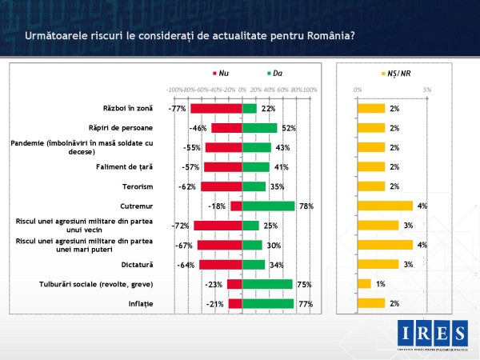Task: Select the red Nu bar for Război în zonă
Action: (x=216, y=108)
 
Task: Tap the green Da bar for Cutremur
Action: (x=268, y=206)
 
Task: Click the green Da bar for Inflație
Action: (x=267, y=303)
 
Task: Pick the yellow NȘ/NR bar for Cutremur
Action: (x=385, y=206)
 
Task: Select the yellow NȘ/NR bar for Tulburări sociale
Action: (x=364, y=283)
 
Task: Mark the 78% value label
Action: (x=305, y=206)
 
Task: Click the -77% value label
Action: (x=178, y=108)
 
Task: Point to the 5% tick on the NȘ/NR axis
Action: (x=427, y=90)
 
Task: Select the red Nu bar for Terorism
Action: (x=221, y=186)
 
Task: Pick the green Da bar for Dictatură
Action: (x=253, y=264)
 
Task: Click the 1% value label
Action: (x=381, y=283)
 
